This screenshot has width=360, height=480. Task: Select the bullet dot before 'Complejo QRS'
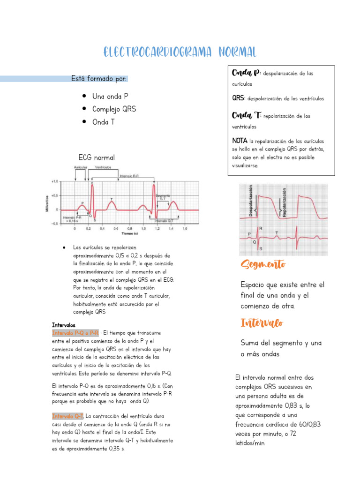point(83,109)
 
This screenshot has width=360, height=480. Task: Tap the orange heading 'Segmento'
point(263,265)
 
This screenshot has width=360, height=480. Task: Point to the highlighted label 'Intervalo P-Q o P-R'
point(75,333)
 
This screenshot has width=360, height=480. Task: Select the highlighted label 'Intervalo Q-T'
point(68,416)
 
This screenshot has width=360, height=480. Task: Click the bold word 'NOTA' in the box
point(240,141)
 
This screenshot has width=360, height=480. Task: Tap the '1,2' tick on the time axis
point(157,229)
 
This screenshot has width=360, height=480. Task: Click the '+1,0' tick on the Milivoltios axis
point(55,181)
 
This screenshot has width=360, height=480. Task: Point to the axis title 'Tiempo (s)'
point(130,233)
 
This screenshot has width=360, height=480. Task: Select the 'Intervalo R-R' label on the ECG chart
point(130,176)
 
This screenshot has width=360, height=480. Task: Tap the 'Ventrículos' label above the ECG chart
point(103,167)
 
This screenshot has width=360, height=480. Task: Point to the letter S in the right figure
point(261,248)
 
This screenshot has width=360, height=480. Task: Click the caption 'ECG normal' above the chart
point(97,157)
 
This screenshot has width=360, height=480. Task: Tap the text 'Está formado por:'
point(98,78)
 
